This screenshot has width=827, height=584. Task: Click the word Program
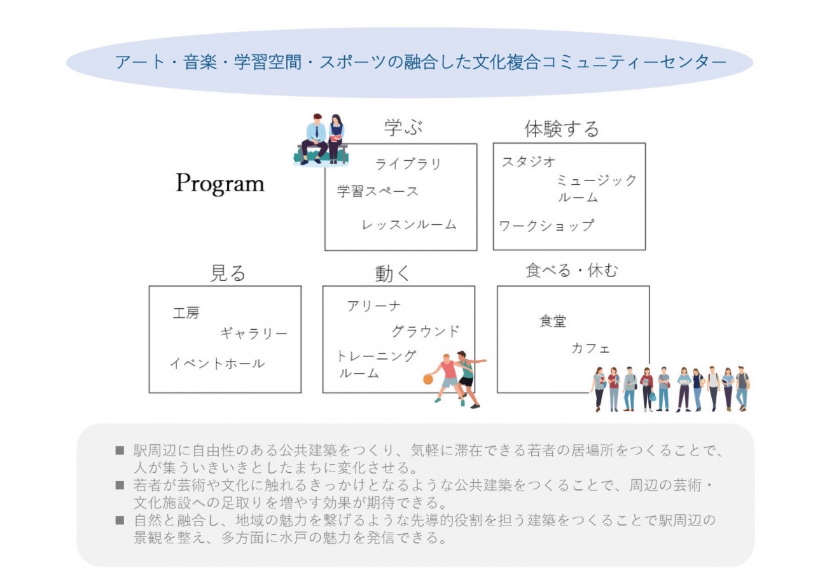point(220,183)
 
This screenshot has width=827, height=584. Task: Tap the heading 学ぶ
point(403,127)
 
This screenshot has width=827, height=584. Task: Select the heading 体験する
point(562,129)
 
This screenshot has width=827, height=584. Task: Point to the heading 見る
point(228,273)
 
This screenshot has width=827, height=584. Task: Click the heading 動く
point(392,274)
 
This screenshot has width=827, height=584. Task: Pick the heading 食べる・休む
point(571,271)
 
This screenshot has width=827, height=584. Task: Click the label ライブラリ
point(408,164)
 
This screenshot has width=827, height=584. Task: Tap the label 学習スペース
point(378,191)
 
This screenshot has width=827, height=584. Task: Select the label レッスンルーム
point(409,224)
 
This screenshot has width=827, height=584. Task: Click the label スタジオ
point(529,161)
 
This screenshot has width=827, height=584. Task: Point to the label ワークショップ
point(546,226)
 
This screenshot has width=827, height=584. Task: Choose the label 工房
point(186,313)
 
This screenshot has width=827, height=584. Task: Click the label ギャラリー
point(254,333)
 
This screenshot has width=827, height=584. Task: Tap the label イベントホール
point(217,363)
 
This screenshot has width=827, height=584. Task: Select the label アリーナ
point(373,306)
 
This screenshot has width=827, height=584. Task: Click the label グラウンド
point(426,331)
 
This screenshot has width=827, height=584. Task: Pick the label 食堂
point(553,321)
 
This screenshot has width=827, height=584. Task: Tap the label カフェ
point(590,348)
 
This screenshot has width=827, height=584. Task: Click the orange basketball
point(428,379)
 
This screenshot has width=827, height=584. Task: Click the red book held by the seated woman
point(336,138)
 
